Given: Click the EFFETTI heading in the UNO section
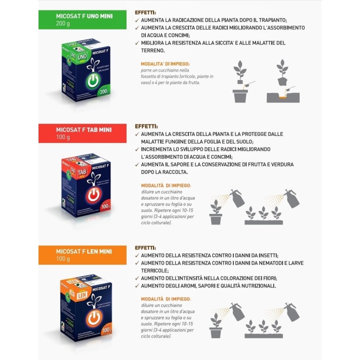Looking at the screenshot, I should (145, 12).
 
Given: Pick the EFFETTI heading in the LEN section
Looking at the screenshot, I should (145, 247).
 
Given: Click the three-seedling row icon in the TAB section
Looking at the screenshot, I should (263, 215).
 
